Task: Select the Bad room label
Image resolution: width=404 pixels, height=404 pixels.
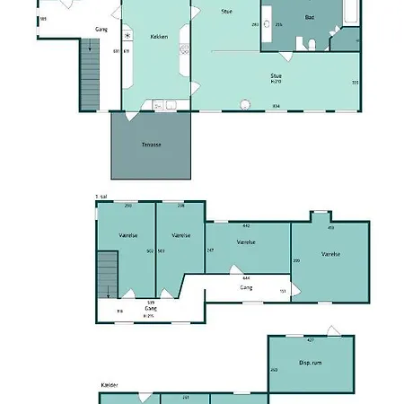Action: [310, 17]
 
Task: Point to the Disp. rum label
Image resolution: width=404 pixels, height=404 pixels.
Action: [311, 363]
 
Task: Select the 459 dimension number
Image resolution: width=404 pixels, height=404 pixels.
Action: [330, 228]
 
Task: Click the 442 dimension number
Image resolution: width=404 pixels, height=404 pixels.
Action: [246, 226]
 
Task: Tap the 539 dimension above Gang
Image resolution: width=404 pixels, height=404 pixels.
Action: [151, 303]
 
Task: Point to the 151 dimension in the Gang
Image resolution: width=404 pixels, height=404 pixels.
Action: [282, 291]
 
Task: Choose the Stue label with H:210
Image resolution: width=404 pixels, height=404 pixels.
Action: [277, 77]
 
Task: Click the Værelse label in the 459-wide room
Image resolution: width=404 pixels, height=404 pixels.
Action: [330, 254]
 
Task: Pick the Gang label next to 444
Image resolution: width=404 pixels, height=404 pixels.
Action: [245, 287]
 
